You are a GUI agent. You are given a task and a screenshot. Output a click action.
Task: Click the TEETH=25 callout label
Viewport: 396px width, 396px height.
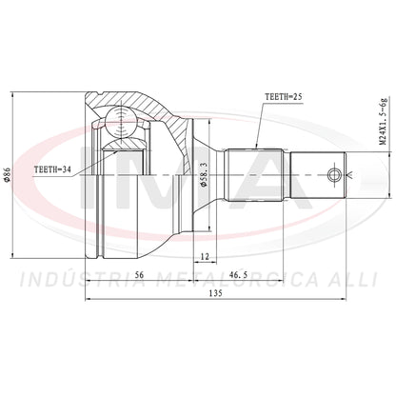click(283, 97)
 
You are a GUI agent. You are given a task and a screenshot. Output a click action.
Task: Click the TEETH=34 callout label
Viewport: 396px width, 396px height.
click(52, 169)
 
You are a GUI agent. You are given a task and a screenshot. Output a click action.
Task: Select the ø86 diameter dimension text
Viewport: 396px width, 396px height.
click(9, 174)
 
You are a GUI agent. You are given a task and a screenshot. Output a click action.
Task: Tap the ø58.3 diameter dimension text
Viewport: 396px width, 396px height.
click(204, 174)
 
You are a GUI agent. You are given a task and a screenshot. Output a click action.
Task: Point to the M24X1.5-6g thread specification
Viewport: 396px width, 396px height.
click(385, 122)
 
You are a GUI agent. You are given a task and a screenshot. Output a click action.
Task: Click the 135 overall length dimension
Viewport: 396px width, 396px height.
click(216, 293)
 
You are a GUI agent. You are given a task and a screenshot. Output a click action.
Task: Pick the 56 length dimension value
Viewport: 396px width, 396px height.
click(139, 275)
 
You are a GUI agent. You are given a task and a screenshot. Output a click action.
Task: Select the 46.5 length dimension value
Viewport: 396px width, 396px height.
click(238, 275)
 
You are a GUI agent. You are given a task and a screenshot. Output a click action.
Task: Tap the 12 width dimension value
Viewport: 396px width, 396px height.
click(206, 256)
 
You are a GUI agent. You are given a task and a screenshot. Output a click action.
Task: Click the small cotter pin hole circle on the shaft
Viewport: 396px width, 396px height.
click(334, 175)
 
